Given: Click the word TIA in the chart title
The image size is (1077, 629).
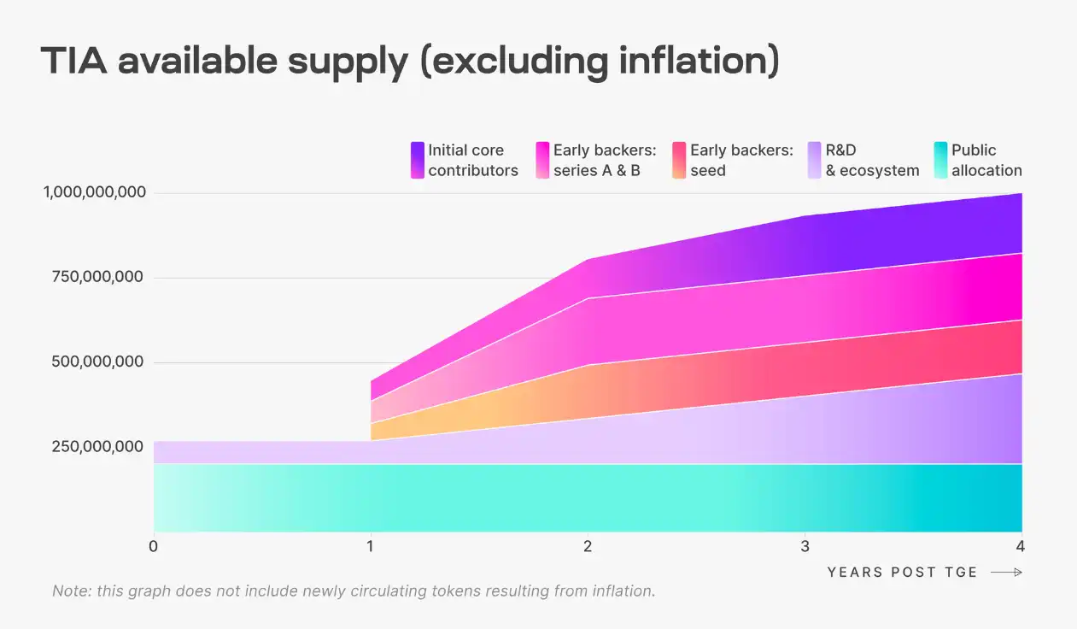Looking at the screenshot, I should (x=75, y=62).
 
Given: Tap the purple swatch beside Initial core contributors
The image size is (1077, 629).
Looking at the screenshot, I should (x=418, y=160).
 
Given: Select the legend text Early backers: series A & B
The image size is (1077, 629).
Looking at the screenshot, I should (x=604, y=160).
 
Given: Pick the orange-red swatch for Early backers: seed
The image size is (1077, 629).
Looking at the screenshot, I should (x=679, y=160).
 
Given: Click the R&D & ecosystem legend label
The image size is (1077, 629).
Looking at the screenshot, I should (x=872, y=160).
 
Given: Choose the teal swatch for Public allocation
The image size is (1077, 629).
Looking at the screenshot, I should (x=940, y=160).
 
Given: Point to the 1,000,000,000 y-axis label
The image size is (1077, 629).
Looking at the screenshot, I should (x=95, y=192).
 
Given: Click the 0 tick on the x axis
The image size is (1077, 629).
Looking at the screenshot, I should (x=154, y=546).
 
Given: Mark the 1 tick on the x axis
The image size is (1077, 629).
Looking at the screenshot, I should (x=371, y=546).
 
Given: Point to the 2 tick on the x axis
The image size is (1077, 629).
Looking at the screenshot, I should (x=588, y=546).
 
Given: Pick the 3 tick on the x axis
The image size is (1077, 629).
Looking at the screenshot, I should (x=805, y=546).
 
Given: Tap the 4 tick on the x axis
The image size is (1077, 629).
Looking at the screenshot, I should (x=1020, y=546).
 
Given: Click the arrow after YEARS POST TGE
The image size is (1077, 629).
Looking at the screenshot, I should (x=1006, y=573).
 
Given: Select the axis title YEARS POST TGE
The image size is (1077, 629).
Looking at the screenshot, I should (x=902, y=573).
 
